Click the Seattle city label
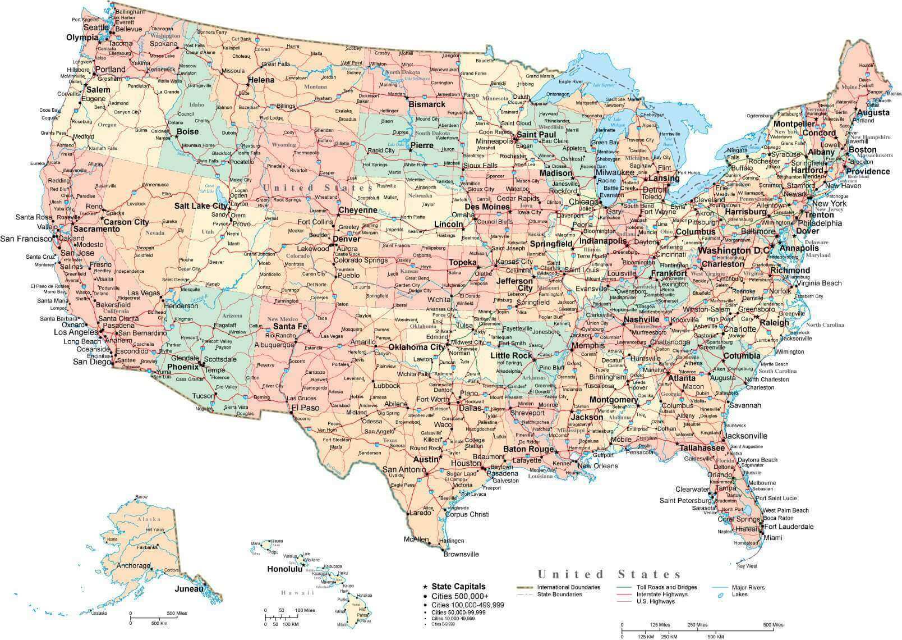[x=96, y=28]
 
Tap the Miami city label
[x=773, y=538]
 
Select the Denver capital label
[x=346, y=239]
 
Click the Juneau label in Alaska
[x=188, y=589]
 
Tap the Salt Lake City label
[x=200, y=206]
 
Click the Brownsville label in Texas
[x=461, y=554]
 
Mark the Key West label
[x=747, y=566]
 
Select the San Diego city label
[x=91, y=362]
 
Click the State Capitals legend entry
[x=458, y=587]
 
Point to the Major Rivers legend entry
[x=748, y=587]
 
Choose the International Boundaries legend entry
[x=568, y=587]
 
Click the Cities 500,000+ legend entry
[x=459, y=596]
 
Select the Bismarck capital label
[x=427, y=104]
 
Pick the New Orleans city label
[x=597, y=466]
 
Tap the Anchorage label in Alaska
[x=134, y=566]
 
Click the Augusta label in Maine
[x=872, y=112]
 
